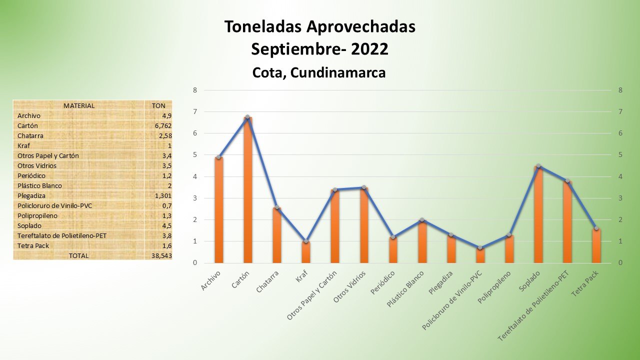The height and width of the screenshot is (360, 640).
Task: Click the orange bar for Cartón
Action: click(247, 190)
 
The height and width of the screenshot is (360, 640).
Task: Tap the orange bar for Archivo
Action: click(218, 210)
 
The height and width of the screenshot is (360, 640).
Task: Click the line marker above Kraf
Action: click(306, 241)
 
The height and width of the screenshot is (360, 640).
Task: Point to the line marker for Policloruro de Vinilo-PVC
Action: click(480, 248)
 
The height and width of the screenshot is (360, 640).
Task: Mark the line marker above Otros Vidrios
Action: click(364, 187)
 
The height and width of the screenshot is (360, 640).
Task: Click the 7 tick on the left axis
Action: click(195, 112)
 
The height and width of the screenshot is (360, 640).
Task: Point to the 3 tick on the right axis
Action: click(620, 198)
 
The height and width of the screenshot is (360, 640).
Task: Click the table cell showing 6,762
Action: click(163, 125)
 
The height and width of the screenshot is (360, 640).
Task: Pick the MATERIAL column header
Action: click(79, 105)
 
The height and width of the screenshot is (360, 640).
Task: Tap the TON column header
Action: click(158, 105)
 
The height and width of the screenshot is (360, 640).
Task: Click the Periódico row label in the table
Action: click(31, 175)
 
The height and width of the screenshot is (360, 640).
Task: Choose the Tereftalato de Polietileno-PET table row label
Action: click(62, 235)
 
